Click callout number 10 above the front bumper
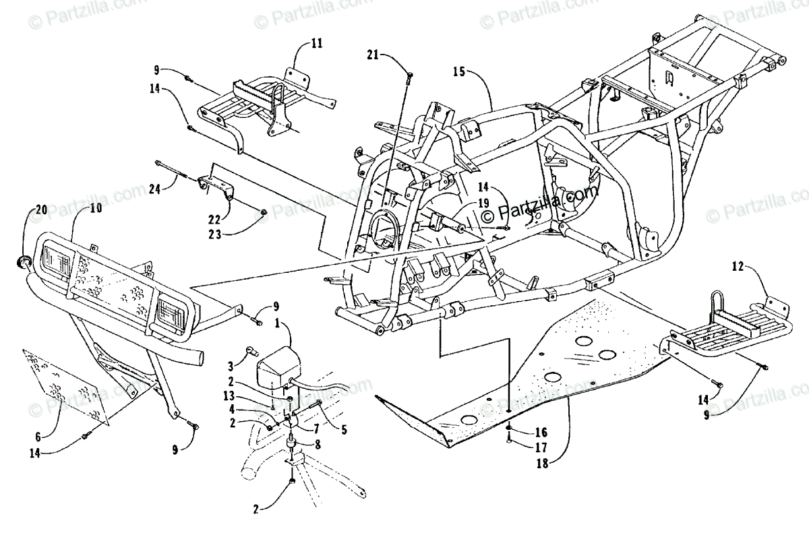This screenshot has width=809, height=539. pos(96,209)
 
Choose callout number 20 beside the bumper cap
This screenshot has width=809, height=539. pos(40,210)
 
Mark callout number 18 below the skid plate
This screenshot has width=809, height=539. pos(524,464)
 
